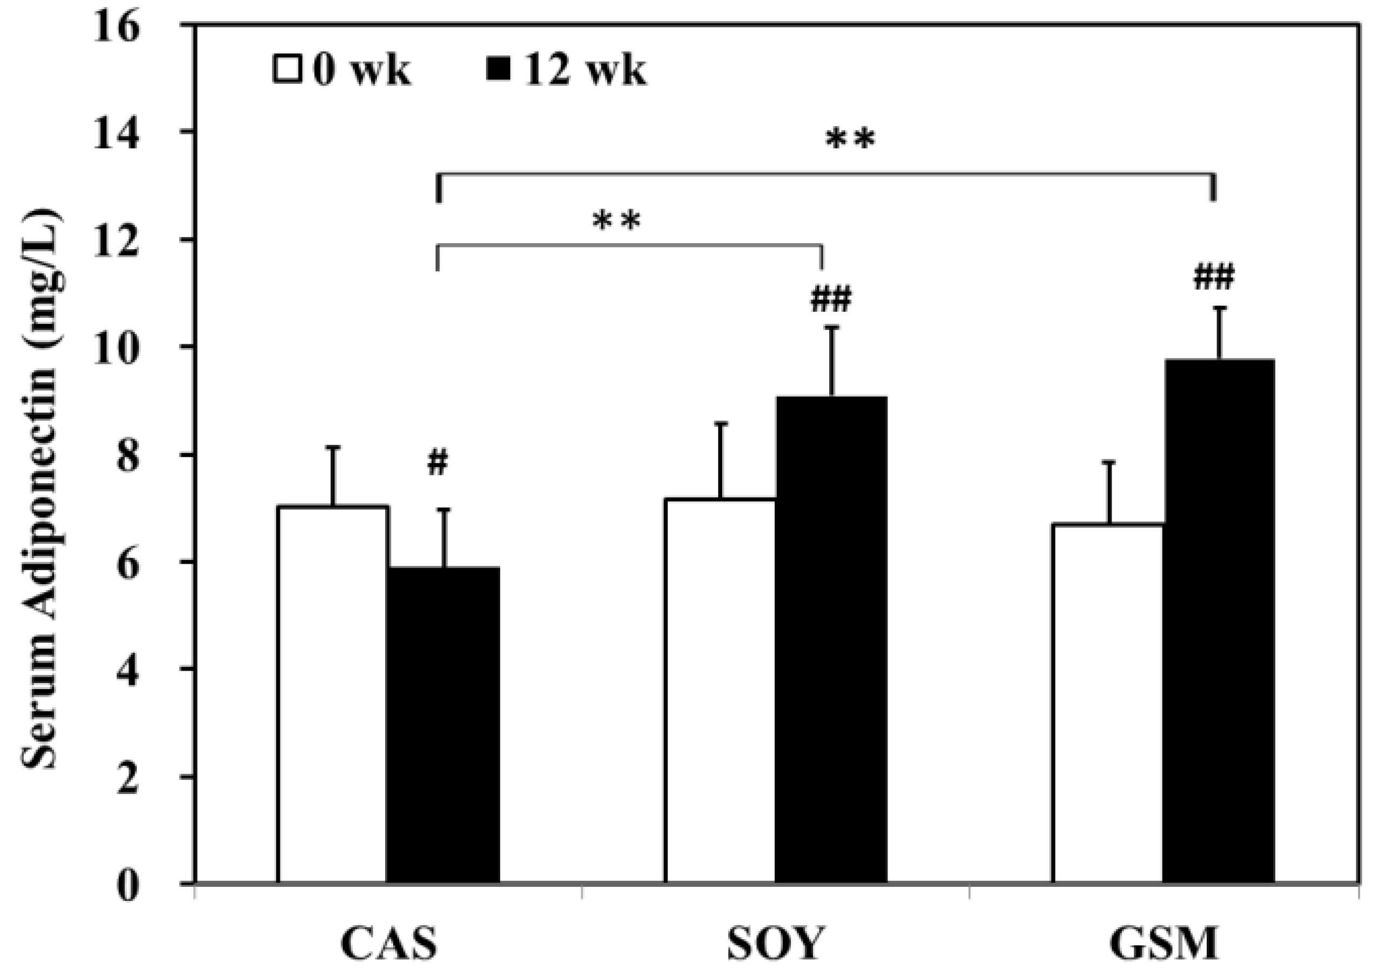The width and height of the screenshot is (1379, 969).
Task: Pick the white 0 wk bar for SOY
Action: tap(719, 691)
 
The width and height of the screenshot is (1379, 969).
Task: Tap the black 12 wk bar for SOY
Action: tap(831, 640)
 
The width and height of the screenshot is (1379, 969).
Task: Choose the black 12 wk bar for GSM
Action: tap(1218, 622)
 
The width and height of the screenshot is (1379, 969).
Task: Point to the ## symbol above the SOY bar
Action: tap(831, 299)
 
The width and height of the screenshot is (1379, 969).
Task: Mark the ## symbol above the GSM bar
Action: tap(1213, 278)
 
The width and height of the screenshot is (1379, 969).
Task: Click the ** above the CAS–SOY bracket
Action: tap(617, 221)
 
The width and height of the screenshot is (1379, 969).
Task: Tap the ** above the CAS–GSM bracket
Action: tap(850, 140)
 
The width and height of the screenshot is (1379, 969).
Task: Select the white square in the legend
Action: tap(287, 69)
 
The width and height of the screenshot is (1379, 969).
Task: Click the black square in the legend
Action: tap(498, 69)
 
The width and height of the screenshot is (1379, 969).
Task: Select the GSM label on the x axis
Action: tap(1163, 944)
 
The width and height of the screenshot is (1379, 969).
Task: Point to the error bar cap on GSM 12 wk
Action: tap(1219, 308)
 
